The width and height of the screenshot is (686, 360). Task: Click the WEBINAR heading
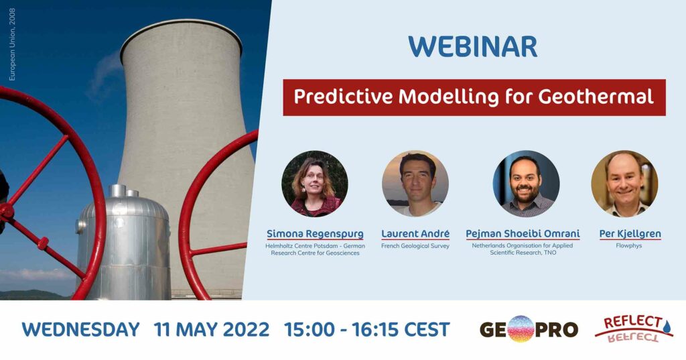pos(472,46)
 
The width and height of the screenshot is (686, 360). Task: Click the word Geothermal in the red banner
pos(596,97)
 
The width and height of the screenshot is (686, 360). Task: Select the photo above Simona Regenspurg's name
pos(315,184)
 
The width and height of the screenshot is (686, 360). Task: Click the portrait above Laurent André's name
pos(415,184)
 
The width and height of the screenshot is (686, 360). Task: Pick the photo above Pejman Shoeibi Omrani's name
pos(526,184)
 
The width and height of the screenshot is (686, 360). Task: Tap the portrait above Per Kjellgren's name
pos(624,184)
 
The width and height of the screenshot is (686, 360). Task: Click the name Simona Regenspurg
pos(315,234)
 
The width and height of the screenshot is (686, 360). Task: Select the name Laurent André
pos(415,234)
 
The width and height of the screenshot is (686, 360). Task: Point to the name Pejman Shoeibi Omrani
pos(523,234)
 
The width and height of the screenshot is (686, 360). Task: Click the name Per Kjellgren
pos(630,234)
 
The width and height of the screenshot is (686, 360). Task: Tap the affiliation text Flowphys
pos(628,245)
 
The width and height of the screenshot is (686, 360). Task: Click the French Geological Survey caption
pos(415,246)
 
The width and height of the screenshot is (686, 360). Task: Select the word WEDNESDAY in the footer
pos(80,329)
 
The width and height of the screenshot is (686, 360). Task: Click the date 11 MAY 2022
pos(211,329)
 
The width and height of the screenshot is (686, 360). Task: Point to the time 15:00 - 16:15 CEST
pos(367,329)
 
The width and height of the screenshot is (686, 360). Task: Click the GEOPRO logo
pos(529,329)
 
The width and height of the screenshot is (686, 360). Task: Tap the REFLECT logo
pos(634,329)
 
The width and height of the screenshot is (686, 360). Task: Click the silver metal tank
pos(123,243)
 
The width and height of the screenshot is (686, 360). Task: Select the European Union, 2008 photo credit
pos(12,44)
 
